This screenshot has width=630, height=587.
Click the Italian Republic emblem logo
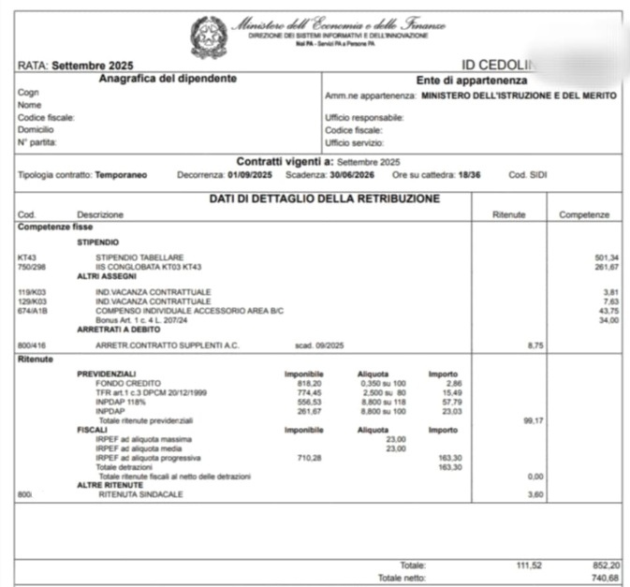click(x=207, y=35)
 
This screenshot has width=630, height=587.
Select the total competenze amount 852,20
click(x=604, y=565)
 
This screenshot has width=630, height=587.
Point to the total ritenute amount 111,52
click(x=530, y=565)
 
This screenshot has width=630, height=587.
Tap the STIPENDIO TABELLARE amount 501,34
click(x=607, y=257)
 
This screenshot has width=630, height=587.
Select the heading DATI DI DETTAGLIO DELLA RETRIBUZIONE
click(x=323, y=198)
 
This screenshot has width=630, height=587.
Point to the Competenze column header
click(x=584, y=215)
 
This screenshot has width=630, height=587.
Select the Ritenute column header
click(x=508, y=215)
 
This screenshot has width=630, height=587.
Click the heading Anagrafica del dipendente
click(x=168, y=79)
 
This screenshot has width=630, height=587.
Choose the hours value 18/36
click(x=472, y=174)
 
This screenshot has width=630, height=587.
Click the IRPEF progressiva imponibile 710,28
click(x=309, y=457)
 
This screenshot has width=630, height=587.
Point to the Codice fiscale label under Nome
click(x=46, y=118)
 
